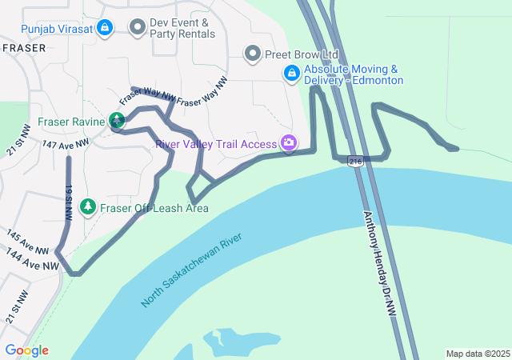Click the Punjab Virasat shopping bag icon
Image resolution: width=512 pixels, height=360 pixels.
pos(104,28)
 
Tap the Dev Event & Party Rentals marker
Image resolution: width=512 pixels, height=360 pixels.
pos(137,27)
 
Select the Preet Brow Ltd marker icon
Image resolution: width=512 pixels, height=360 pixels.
pos(254,54)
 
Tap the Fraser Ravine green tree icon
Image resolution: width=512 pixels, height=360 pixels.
pos(117,122)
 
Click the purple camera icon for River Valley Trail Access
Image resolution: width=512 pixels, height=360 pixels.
pos(289,144)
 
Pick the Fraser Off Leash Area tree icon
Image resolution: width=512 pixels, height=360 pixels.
pos(88,207)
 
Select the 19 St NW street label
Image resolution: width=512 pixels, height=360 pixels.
pos(70,202)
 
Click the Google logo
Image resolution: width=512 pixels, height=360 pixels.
pos(26,350)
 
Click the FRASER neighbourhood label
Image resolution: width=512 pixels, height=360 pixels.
pos(24,48)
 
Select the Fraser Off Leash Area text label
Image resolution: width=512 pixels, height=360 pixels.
pos(154,208)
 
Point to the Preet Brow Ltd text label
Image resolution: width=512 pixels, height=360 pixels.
pos(302,54)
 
